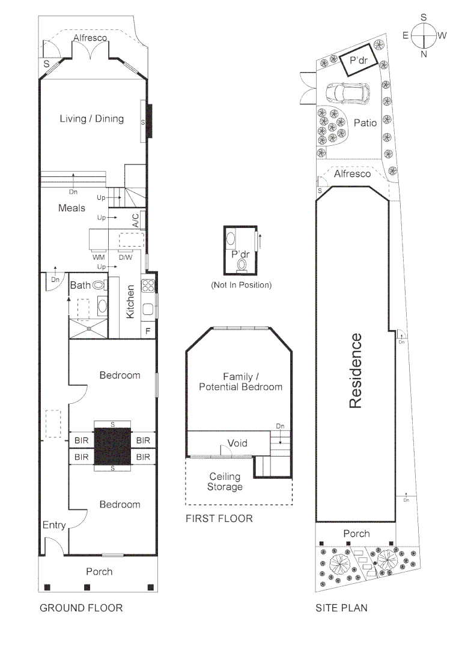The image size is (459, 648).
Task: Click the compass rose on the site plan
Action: pyautogui.click(x=424, y=35)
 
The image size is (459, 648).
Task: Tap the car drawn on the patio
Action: pyautogui.click(x=348, y=94)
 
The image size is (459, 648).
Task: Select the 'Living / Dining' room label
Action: pyautogui.click(x=91, y=119)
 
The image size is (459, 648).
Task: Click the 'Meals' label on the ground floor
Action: pyautogui.click(x=71, y=208)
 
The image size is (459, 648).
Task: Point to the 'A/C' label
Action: pyautogui.click(x=136, y=220)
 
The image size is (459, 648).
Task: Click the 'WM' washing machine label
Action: pyautogui.click(x=99, y=257)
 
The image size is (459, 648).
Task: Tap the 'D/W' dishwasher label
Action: pyautogui.click(x=125, y=257)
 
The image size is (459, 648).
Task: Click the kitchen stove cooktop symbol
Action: pyautogui.click(x=148, y=286)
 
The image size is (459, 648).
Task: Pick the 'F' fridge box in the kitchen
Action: pyautogui.click(x=148, y=331)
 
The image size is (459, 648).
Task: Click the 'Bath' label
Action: pyautogui.click(x=80, y=285)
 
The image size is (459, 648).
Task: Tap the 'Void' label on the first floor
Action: pyautogui.click(x=237, y=443)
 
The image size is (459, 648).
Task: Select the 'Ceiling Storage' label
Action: pyautogui.click(x=224, y=481)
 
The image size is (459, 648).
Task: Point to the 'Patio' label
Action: pyautogui.click(x=365, y=123)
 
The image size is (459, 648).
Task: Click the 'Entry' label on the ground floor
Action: pyautogui.click(x=54, y=526)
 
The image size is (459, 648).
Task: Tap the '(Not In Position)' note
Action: pyautogui.click(x=241, y=285)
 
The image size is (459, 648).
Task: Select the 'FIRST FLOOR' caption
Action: pyautogui.click(x=219, y=518)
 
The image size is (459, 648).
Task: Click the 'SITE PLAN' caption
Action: pyautogui.click(x=341, y=608)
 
